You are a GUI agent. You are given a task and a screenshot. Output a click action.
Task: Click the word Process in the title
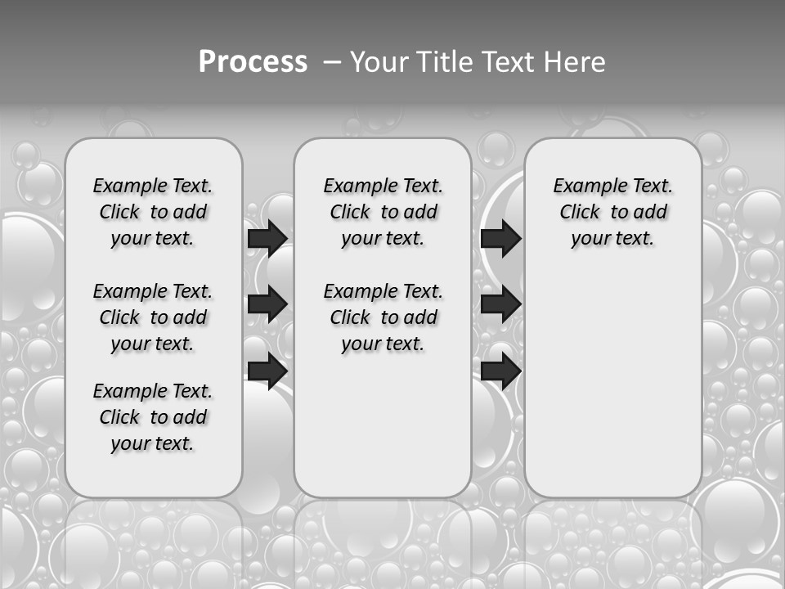coord(253,62)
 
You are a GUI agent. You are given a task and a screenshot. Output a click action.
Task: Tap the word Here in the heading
coord(576,62)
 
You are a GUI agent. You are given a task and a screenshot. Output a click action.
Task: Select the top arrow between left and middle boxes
coord(267,238)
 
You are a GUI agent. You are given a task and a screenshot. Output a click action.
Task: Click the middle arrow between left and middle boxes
coord(267,304)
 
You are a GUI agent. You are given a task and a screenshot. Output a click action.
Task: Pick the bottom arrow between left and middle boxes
coord(267,371)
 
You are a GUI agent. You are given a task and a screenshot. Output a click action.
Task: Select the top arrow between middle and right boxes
coord(500,238)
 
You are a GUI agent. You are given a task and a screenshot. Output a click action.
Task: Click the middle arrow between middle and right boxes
coord(500,304)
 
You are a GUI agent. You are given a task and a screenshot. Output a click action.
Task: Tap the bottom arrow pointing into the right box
coord(500,371)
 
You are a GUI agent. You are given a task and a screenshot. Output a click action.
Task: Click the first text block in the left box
coord(153,212)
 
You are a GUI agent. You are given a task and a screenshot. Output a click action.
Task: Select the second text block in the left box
coord(153,317)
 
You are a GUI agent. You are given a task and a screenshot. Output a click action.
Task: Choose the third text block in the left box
coord(153,417)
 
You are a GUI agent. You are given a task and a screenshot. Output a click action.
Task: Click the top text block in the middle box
coord(383,212)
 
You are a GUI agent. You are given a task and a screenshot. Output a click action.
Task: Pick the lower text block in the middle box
coord(383,317)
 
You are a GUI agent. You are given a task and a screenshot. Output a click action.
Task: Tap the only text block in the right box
coord(612,212)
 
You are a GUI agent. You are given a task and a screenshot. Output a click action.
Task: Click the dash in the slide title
coord(332,62)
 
